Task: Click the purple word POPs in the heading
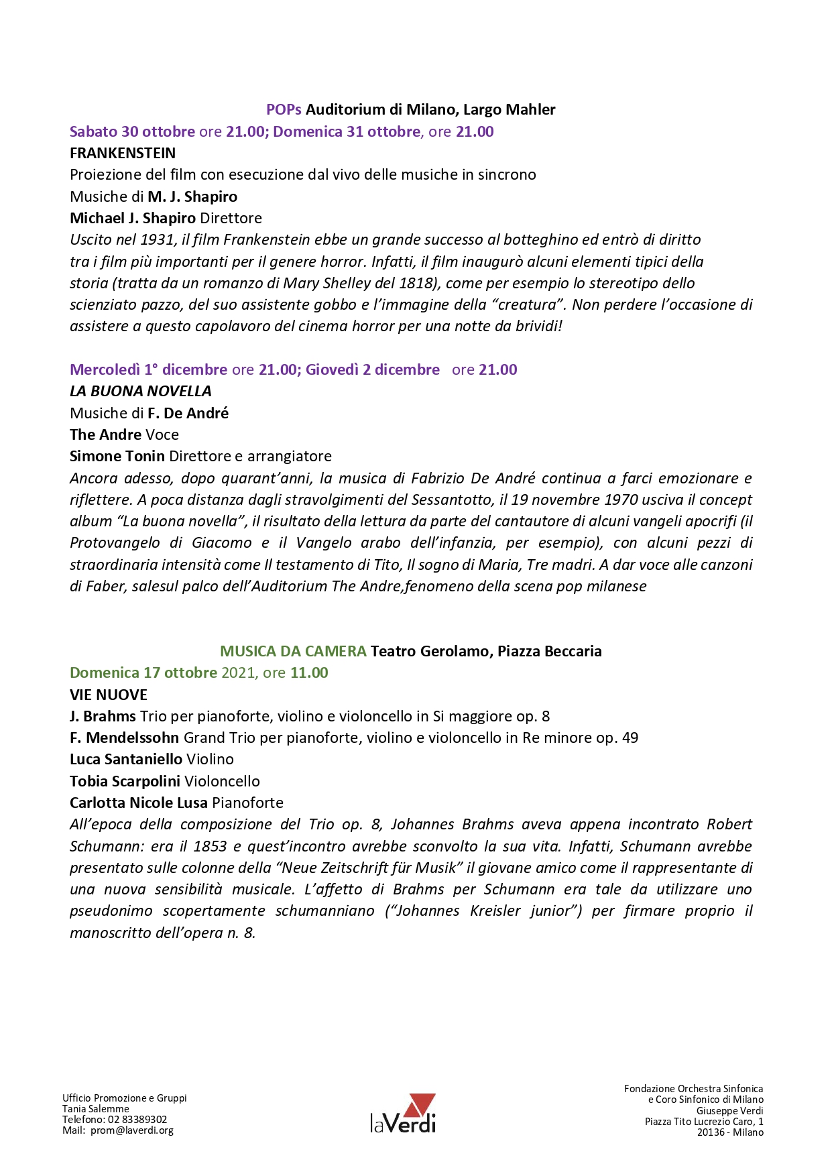pos(284,109)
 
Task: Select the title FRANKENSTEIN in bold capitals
pos(123,153)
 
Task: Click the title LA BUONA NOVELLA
pos(141,391)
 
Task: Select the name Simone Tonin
pos(117,456)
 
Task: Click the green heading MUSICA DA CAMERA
pos(293,651)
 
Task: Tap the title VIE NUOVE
pos(109,695)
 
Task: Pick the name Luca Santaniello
pos(126,759)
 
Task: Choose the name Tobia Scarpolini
pos(125,781)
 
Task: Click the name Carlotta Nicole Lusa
pos(139,803)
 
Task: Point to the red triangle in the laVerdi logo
pos(422,1104)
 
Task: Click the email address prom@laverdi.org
pos(132,1130)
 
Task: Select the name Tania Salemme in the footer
pos(96,1109)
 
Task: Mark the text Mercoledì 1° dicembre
pos(148,369)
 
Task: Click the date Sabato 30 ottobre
pos(132,131)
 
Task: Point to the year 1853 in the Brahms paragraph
pos(209,846)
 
